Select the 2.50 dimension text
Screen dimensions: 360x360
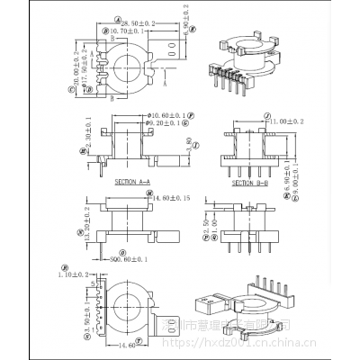[x=205, y=234]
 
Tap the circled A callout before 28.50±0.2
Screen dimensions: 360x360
[x=120, y=18]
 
